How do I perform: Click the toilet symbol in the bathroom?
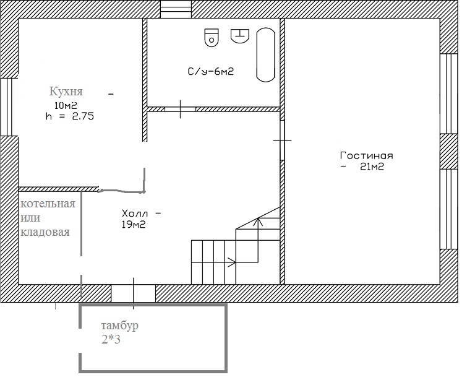coord(212,37)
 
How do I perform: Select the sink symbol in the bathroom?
coord(240,36)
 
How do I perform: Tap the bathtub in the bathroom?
coord(266,55)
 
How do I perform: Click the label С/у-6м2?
coord(211,71)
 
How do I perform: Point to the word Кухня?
coord(66,92)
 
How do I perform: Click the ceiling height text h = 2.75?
coord(70,116)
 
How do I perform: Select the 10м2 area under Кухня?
coord(66,105)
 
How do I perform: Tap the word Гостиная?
coord(367,155)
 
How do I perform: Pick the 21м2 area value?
coord(372,167)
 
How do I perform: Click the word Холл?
coord(135,213)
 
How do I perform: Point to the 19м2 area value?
coord(134,225)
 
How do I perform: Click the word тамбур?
coord(119,326)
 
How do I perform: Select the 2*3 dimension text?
coord(111,340)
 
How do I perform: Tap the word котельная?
coord(48,204)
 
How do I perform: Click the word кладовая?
coord(45,232)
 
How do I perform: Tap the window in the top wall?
coord(176,9)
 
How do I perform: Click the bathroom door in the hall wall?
coord(181,110)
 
